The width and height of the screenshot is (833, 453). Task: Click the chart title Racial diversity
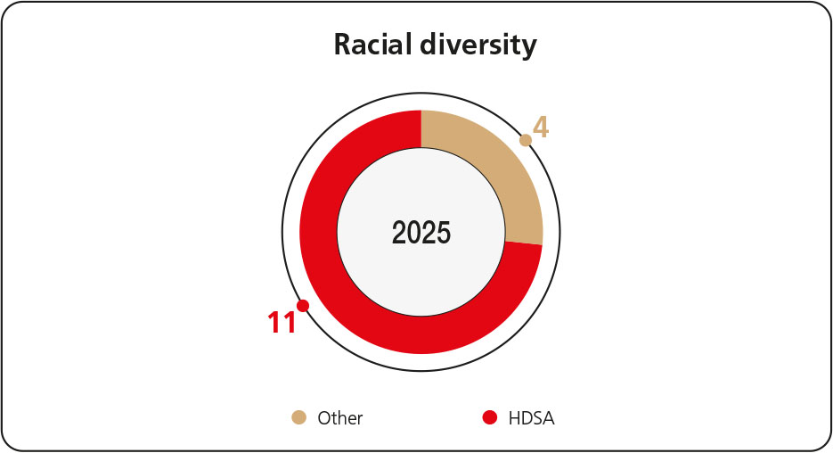pyautogui.click(x=435, y=45)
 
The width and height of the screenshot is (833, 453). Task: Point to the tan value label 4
pyautogui.click(x=540, y=128)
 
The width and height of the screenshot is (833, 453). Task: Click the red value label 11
pyautogui.click(x=282, y=323)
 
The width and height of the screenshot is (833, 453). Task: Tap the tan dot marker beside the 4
pyautogui.click(x=526, y=140)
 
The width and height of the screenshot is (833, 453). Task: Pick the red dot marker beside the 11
pyautogui.click(x=303, y=306)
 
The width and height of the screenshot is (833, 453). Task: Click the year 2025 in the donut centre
pyautogui.click(x=421, y=233)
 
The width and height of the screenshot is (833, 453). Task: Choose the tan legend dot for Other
pyautogui.click(x=299, y=417)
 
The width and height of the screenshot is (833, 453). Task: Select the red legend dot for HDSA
pyautogui.click(x=489, y=417)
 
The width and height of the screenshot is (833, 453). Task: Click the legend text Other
pyautogui.click(x=340, y=418)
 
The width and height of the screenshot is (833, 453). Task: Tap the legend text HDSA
pyautogui.click(x=531, y=418)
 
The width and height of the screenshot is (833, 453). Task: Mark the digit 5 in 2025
pyautogui.click(x=444, y=233)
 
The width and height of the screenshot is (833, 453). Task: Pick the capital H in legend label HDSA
pyautogui.click(x=514, y=418)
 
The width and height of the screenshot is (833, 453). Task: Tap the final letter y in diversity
pyautogui.click(x=530, y=47)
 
